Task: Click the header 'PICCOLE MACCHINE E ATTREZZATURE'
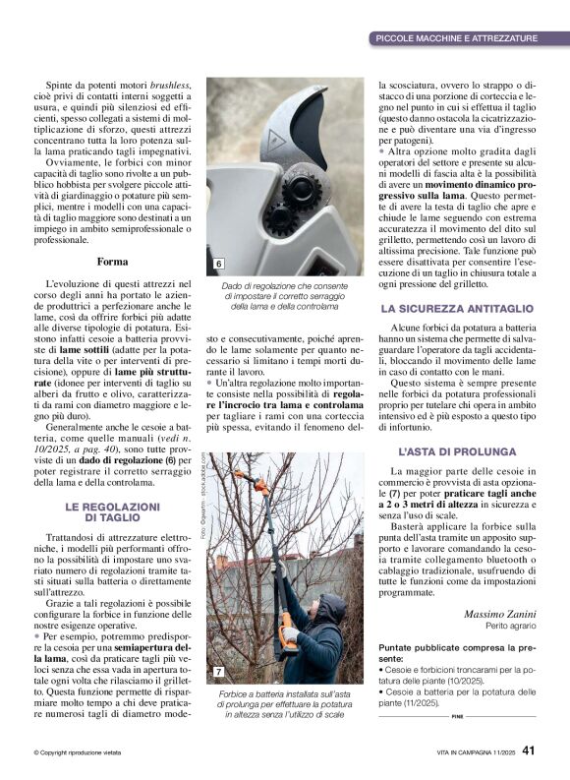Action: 456,38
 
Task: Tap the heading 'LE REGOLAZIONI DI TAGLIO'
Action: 112,511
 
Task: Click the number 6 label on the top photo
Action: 218,265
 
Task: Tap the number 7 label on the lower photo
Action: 218,672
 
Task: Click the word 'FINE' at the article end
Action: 457,716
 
